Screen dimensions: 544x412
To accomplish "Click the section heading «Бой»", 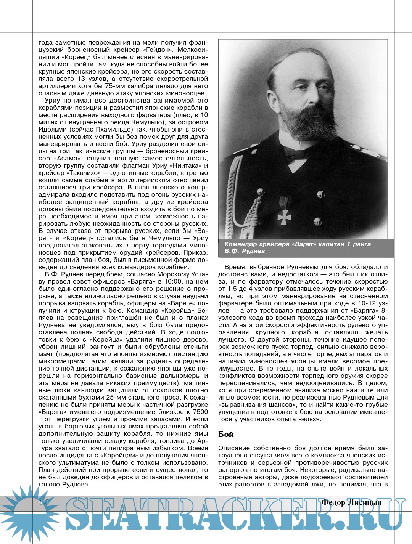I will click(226, 434).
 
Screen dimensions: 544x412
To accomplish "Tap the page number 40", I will click(43, 502).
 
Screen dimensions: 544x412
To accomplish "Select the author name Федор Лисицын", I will click(351, 502).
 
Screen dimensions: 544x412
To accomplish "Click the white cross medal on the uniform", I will click(284, 217).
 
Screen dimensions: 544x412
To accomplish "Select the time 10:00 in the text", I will click(172, 281).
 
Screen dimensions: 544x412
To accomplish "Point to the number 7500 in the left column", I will click(200, 412).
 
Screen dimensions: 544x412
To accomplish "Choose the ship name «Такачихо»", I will click(84, 173).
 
